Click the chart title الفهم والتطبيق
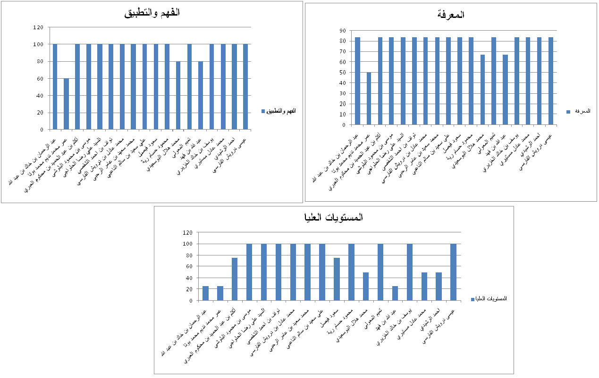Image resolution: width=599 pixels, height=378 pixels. coord(152,13)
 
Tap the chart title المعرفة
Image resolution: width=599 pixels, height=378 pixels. coord(451,15)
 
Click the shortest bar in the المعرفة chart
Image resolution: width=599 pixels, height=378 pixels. coord(369,99)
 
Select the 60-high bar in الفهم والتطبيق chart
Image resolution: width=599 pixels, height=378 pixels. coord(66,104)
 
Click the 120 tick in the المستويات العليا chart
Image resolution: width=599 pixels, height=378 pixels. coord(188,232)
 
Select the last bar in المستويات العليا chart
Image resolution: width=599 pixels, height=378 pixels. coord(453,272)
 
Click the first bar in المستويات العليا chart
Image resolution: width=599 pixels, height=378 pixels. coord(205,293)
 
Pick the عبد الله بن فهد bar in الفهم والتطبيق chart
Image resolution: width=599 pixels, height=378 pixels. coord(200,95)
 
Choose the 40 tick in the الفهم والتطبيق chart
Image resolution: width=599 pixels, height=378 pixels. coord(41,96)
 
